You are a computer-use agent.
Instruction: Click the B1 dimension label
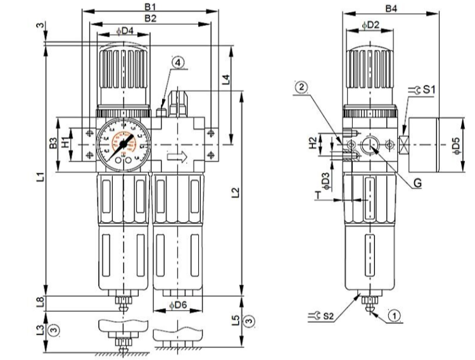coord(151,7)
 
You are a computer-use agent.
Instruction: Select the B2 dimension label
coord(151,19)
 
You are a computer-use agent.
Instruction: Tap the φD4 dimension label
coord(125,31)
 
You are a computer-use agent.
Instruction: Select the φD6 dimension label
coord(179,305)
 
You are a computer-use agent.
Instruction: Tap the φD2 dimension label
coord(370,25)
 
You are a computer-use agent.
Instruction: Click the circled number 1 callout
coord(395,314)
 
